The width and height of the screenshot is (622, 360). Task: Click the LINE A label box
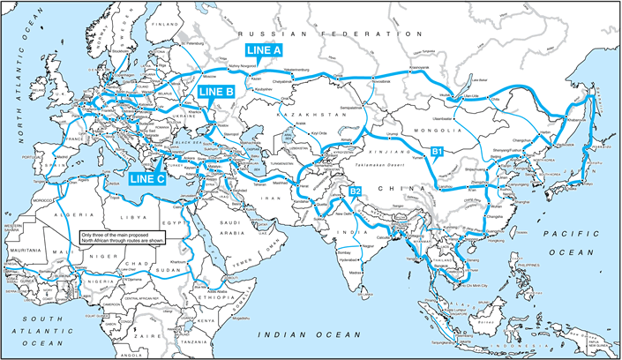point(264,50)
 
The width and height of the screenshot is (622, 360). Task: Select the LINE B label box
point(215,91)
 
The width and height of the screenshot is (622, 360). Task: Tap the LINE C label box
point(147,178)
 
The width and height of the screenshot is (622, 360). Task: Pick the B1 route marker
point(436,153)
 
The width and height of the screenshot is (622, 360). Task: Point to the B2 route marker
point(355,191)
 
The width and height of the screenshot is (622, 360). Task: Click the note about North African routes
point(120,236)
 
